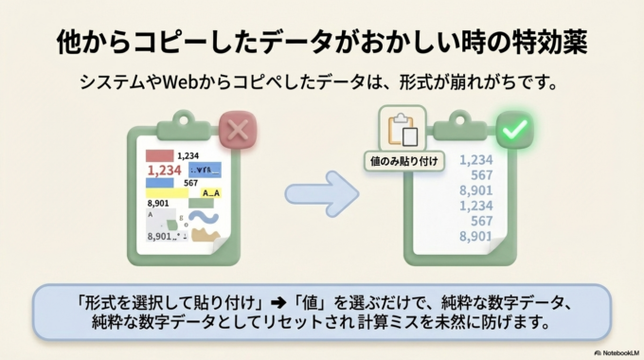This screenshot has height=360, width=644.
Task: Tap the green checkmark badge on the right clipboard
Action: pos(515,130)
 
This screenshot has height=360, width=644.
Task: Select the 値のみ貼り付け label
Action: pos(404,161)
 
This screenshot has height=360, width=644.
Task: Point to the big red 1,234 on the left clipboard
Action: pos(164,171)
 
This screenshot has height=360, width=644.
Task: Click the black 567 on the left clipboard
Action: pos(190,183)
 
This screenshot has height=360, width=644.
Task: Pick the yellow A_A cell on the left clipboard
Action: pos(210,192)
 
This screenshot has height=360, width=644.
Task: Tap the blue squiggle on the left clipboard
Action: pos(204,217)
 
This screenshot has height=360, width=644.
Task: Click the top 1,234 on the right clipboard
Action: pos(475,160)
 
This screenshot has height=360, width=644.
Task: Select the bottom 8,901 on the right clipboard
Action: pos(475,236)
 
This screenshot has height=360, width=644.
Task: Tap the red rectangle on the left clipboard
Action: pos(158,154)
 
